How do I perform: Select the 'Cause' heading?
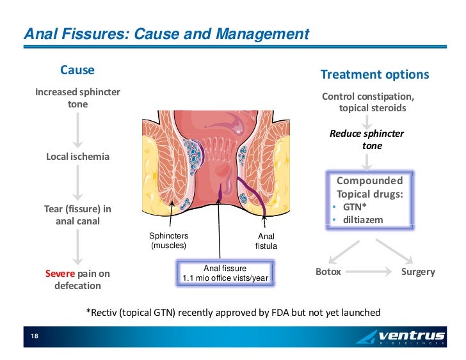coord(77,70)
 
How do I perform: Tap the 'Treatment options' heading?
coord(374,74)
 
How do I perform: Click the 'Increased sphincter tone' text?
coord(77,98)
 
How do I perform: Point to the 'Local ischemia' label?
coord(77,157)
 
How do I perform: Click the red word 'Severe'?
coord(60,274)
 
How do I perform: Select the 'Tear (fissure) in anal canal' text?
coord(77,215)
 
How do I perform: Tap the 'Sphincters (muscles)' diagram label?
coord(168,240)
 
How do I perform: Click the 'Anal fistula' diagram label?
coord(266,241)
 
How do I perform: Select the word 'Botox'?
coord(328,272)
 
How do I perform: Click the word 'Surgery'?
coord(417,272)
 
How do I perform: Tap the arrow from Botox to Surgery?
coord(371,272)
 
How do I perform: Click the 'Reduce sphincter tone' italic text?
coord(367,140)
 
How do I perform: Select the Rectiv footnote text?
coord(233,313)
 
